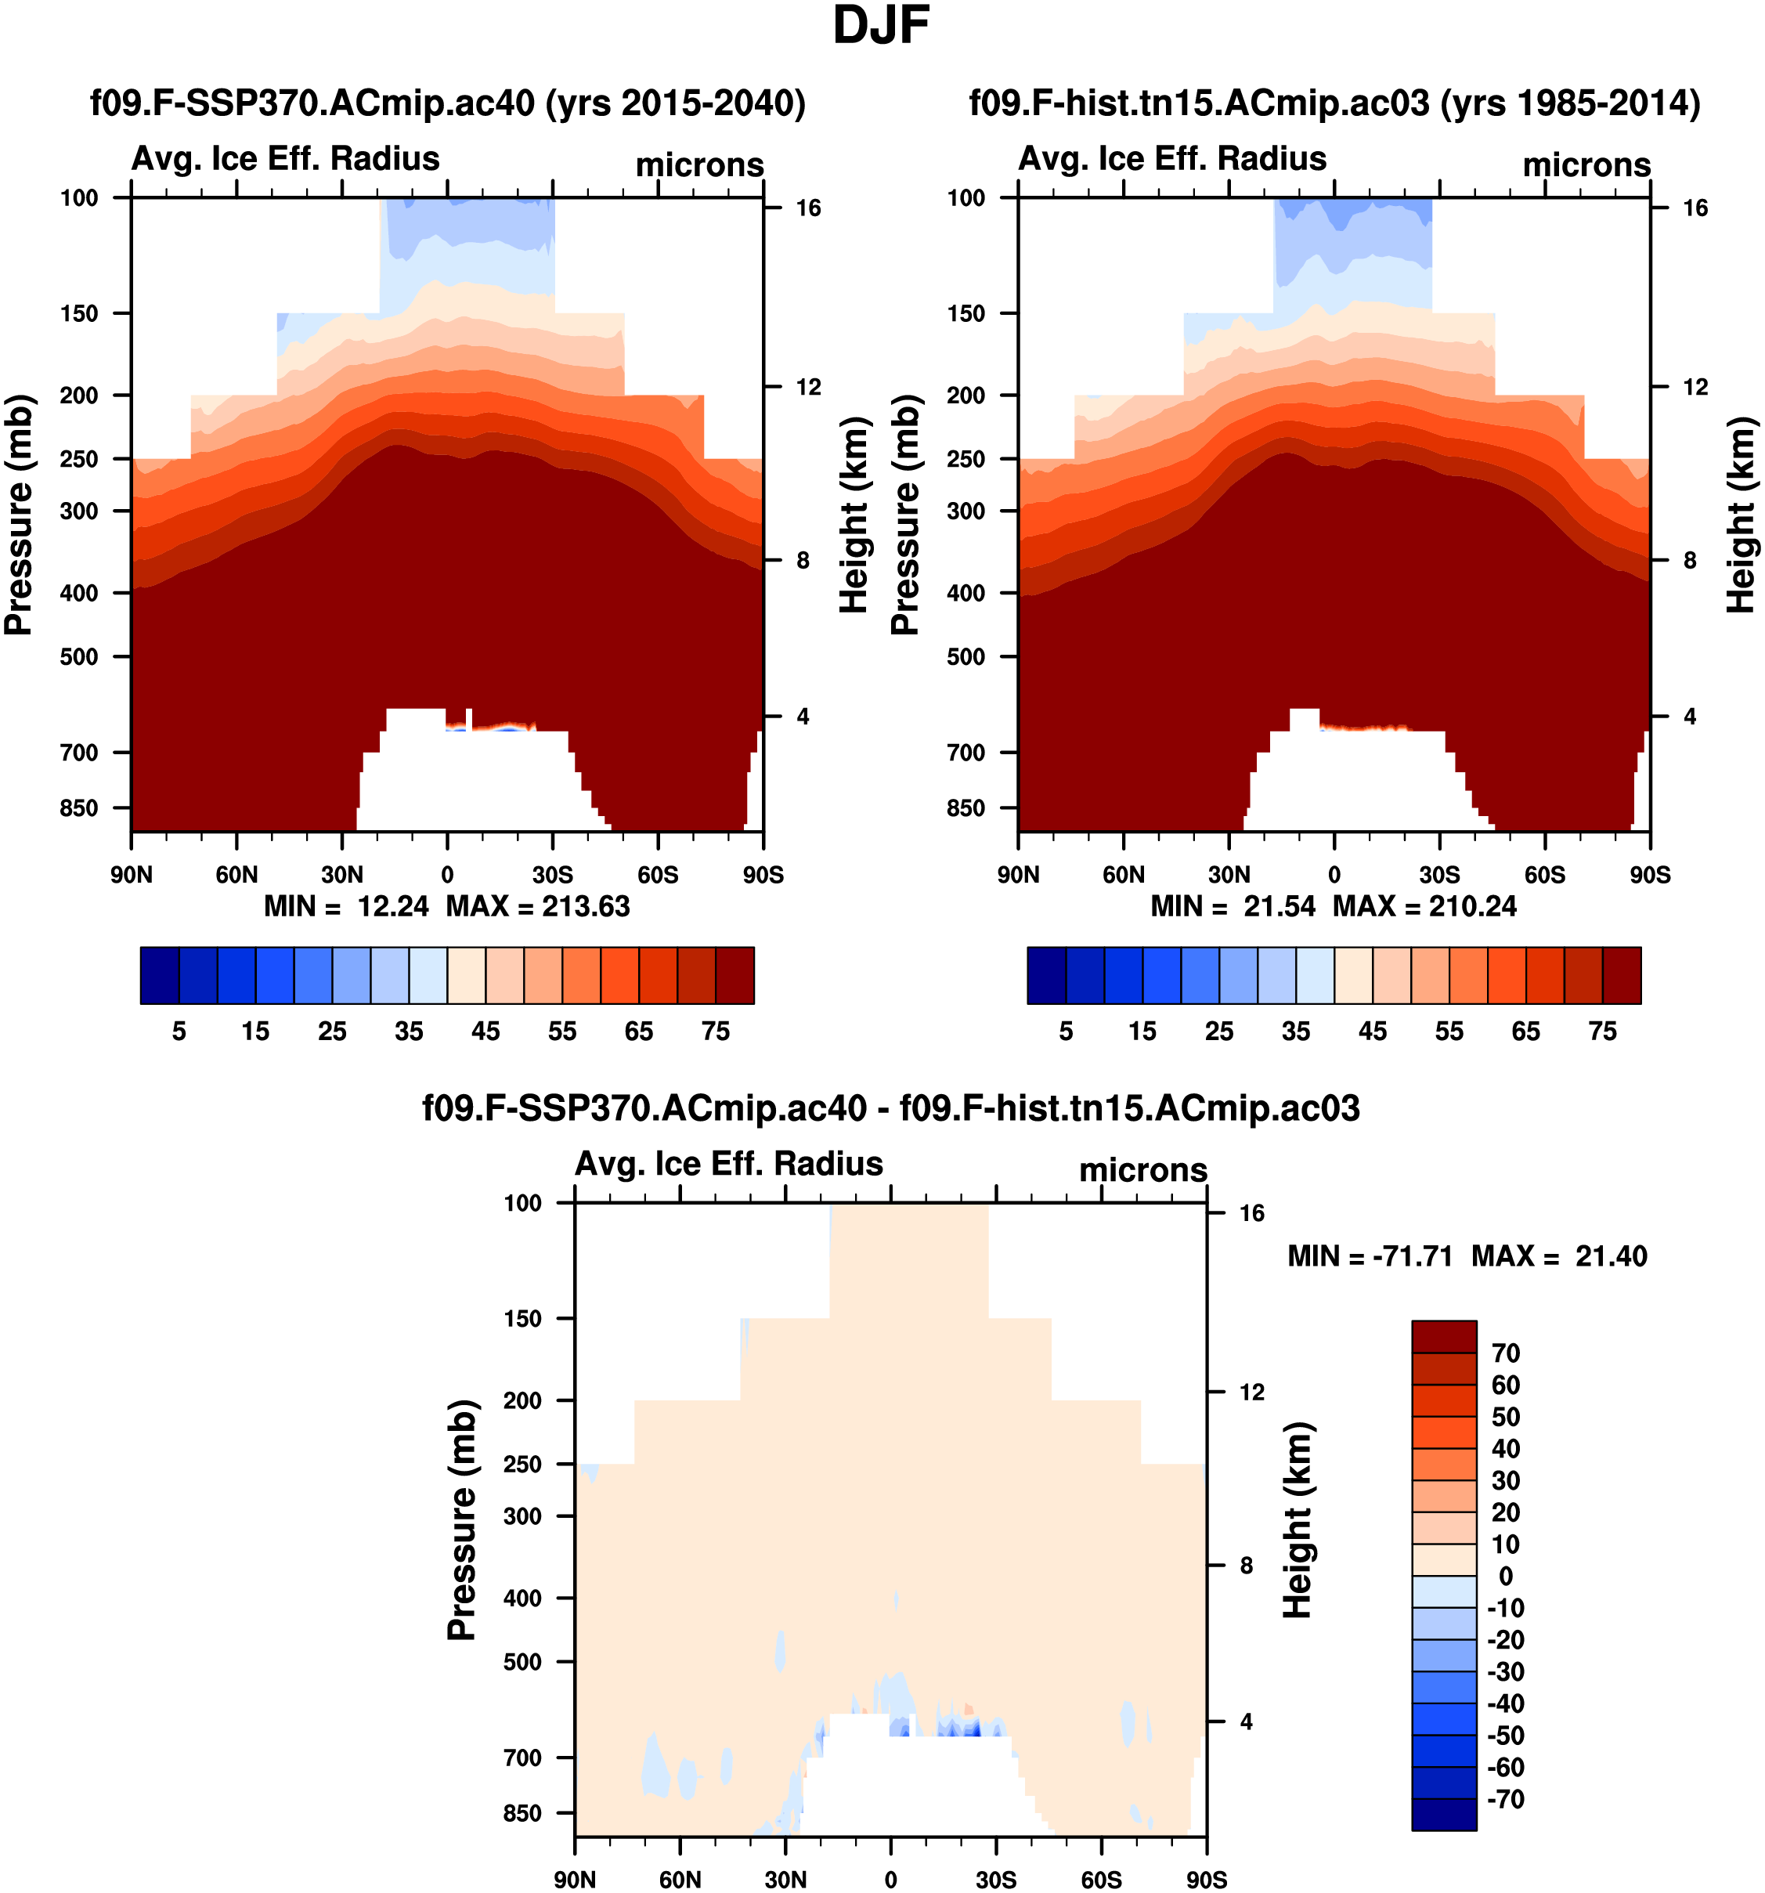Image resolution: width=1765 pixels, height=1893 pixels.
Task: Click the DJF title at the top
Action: pyautogui.click(x=881, y=26)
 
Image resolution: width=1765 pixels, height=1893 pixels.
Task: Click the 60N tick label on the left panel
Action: pyautogui.click(x=236, y=875)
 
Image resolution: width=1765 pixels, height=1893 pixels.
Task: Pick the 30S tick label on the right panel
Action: pyautogui.click(x=1439, y=875)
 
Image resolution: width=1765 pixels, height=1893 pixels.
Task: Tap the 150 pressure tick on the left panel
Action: pyautogui.click(x=79, y=314)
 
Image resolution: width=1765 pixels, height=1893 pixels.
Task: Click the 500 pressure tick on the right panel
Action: pyautogui.click(x=966, y=657)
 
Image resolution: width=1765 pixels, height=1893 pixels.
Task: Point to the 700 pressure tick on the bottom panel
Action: pyautogui.click(x=522, y=1758)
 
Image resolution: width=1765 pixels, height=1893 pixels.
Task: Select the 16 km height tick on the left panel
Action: pyautogui.click(x=808, y=208)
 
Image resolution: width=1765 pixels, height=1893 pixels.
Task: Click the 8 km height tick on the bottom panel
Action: pyautogui.click(x=1246, y=1566)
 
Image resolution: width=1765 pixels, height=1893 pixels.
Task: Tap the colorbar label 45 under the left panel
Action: pyautogui.click(x=485, y=1031)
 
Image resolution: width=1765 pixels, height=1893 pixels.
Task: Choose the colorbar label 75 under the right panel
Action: pyautogui.click(x=1602, y=1031)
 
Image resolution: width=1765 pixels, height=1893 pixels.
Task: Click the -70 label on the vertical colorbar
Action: pyautogui.click(x=1505, y=1799)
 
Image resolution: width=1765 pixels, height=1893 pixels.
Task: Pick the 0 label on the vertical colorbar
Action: pyautogui.click(x=1505, y=1576)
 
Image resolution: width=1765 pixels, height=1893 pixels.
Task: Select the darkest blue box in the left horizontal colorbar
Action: pyautogui.click(x=159, y=975)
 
